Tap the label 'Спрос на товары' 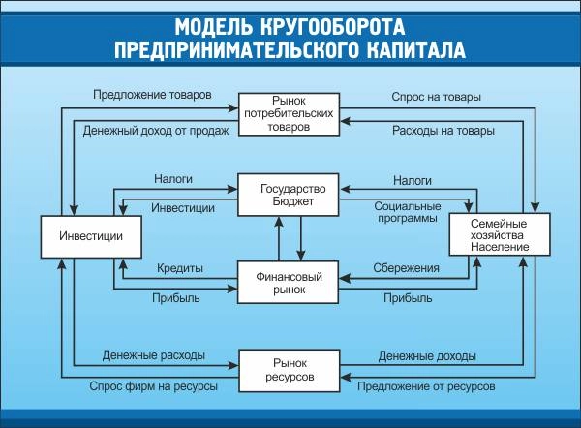tap(436, 97)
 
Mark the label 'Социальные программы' tap(407, 212)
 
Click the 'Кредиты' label tap(179, 267)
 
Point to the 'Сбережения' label tap(407, 267)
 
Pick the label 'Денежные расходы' tap(153, 355)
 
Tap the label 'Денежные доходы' tap(427, 355)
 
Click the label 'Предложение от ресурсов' tap(426, 385)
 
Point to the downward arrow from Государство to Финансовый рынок tap(301, 238)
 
